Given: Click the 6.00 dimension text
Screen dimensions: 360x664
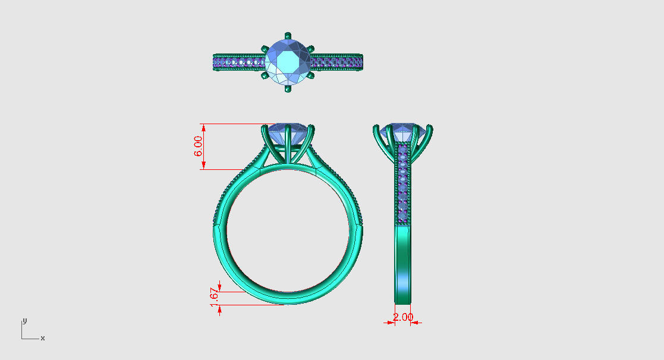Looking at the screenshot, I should [199, 146].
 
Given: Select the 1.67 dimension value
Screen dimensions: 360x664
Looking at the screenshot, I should [215, 297].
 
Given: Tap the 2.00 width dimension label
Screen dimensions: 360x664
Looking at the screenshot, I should [402, 317].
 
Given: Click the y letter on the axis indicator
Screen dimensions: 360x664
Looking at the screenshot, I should [24, 320].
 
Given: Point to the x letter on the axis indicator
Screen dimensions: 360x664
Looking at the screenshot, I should [42, 338].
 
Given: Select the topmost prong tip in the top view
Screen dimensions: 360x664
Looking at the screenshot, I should [288, 34].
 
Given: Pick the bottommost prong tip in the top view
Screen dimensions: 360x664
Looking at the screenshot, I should [288, 89].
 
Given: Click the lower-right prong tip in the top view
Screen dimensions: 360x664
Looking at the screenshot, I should [312, 75].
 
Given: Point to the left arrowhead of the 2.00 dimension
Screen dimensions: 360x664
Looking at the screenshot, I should [391, 323].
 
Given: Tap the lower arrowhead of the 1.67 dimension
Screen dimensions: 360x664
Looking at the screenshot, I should [220, 308].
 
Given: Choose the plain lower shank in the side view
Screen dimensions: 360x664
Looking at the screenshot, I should [403, 261].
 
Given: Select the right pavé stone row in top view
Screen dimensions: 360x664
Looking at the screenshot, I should [336, 61].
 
